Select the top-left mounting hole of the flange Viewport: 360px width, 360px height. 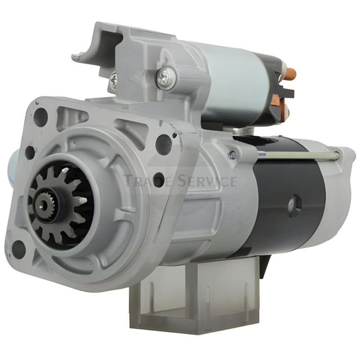[40, 115]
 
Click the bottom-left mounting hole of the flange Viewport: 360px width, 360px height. [18, 249]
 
